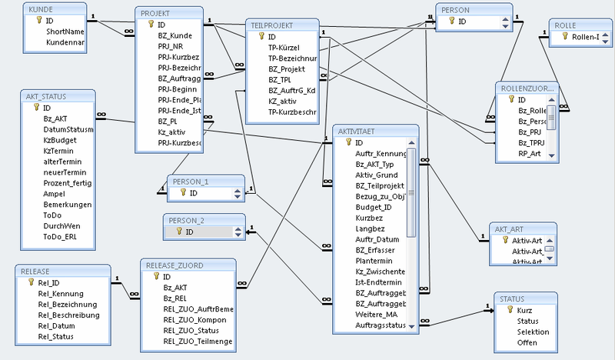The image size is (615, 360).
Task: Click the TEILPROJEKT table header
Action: pyautogui.click(x=273, y=25)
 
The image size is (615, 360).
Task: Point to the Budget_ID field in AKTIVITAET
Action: pyautogui.click(x=373, y=207)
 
